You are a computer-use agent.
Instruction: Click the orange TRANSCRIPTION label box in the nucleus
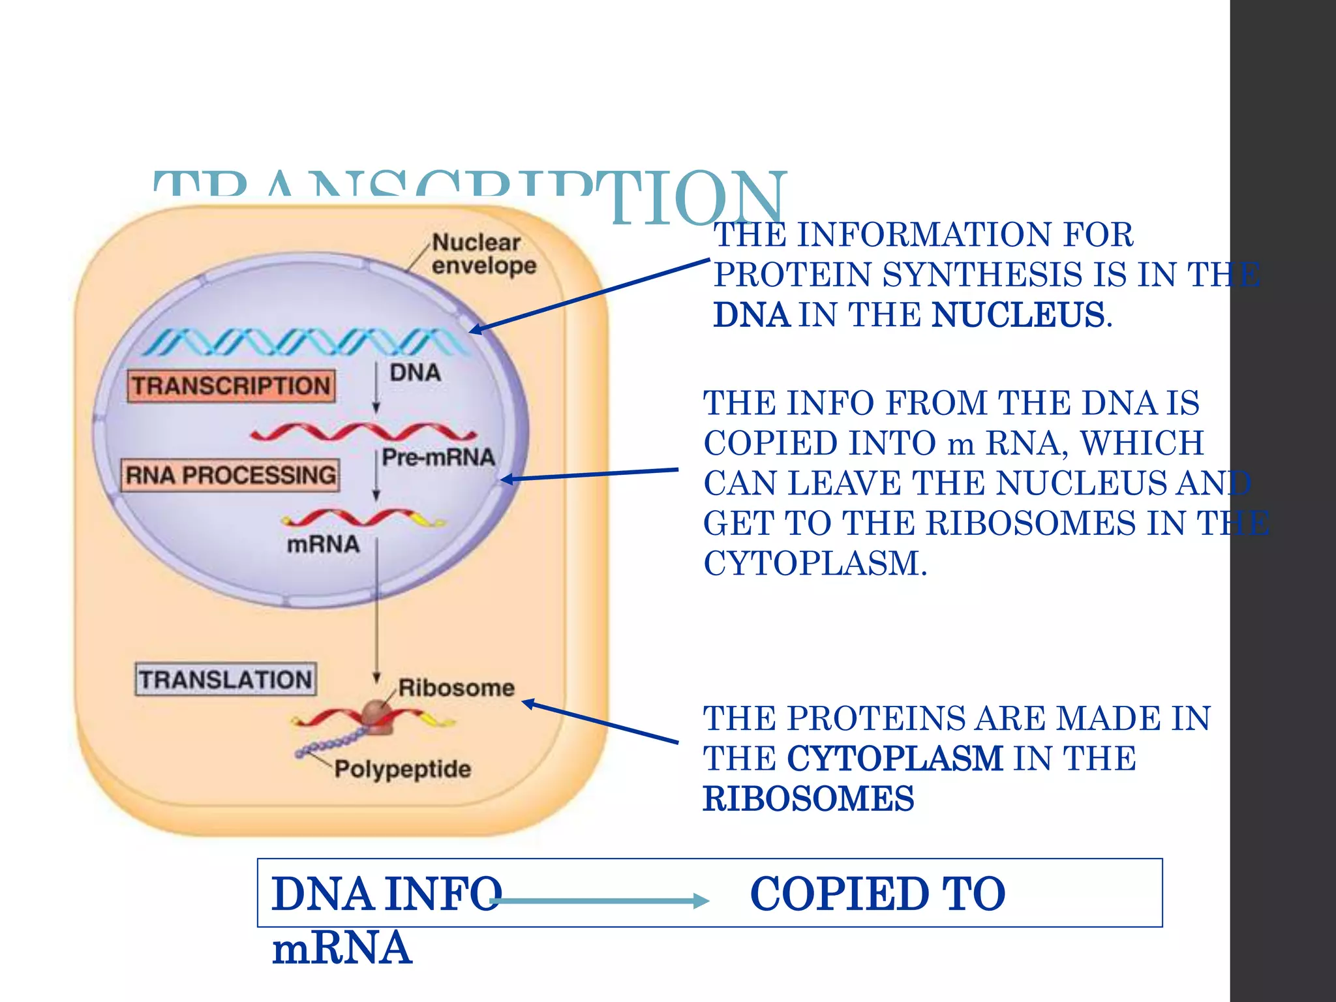(x=231, y=386)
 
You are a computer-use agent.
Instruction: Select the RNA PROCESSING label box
(x=230, y=475)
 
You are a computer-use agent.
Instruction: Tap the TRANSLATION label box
(x=226, y=680)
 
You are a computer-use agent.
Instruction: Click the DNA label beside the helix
(x=415, y=373)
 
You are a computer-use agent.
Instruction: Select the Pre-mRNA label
(x=438, y=457)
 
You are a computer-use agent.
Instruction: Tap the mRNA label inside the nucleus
(x=323, y=544)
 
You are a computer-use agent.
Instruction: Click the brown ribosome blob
(x=377, y=716)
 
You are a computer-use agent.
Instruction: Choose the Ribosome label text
(x=456, y=688)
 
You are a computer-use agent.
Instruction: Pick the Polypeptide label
(x=402, y=769)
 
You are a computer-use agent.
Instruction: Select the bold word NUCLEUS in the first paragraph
(x=1018, y=315)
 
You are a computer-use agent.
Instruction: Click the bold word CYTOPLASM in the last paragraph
(x=895, y=759)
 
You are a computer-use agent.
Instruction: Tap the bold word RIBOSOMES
(x=808, y=799)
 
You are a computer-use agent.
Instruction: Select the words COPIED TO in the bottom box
(x=877, y=894)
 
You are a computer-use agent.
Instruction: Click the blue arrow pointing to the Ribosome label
(x=600, y=722)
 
